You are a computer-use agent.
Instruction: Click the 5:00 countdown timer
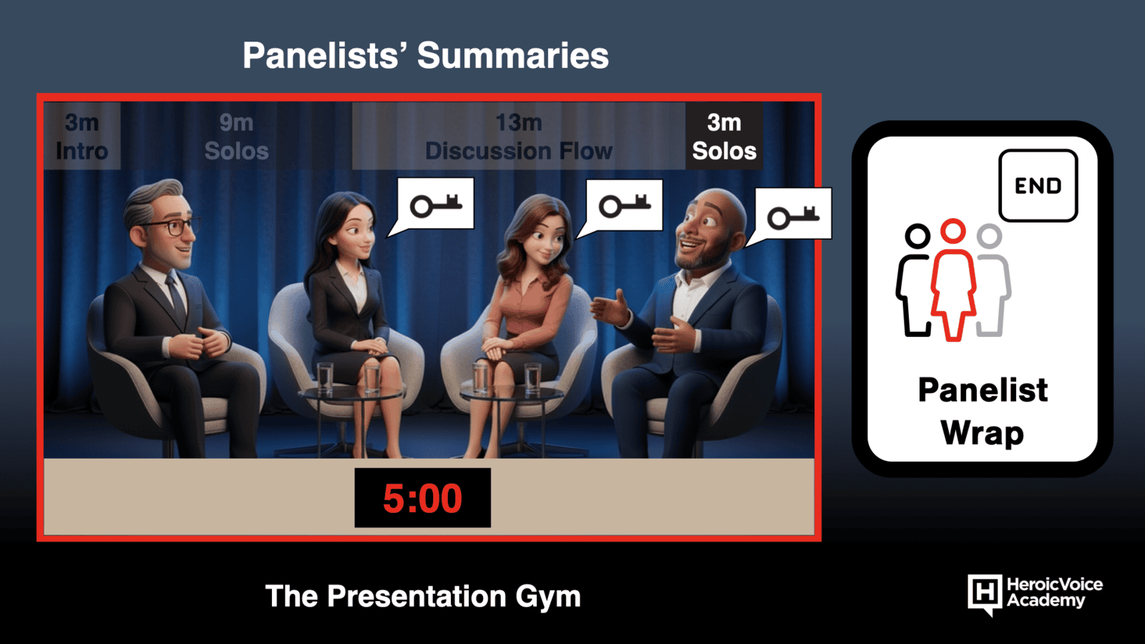(423, 498)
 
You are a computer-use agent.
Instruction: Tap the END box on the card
(1038, 185)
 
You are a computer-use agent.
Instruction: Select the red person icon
(952, 280)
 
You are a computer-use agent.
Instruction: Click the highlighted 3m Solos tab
(724, 137)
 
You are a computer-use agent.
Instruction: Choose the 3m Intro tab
(82, 137)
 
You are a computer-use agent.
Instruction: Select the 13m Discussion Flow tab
(519, 137)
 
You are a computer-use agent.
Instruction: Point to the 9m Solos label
(236, 137)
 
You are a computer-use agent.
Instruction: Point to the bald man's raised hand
(610, 308)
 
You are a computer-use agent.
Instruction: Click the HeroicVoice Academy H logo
(985, 595)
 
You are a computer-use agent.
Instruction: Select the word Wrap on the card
(983, 434)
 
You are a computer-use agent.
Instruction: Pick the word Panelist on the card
(983, 391)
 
